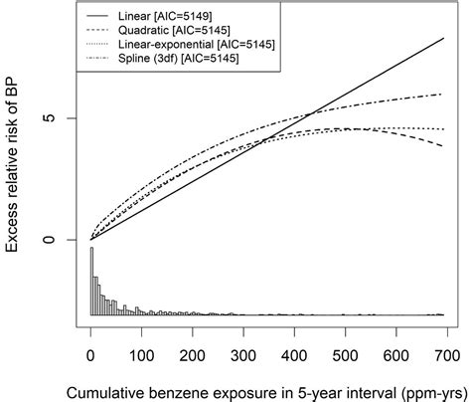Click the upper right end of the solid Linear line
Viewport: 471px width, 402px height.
[x=443, y=38]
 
